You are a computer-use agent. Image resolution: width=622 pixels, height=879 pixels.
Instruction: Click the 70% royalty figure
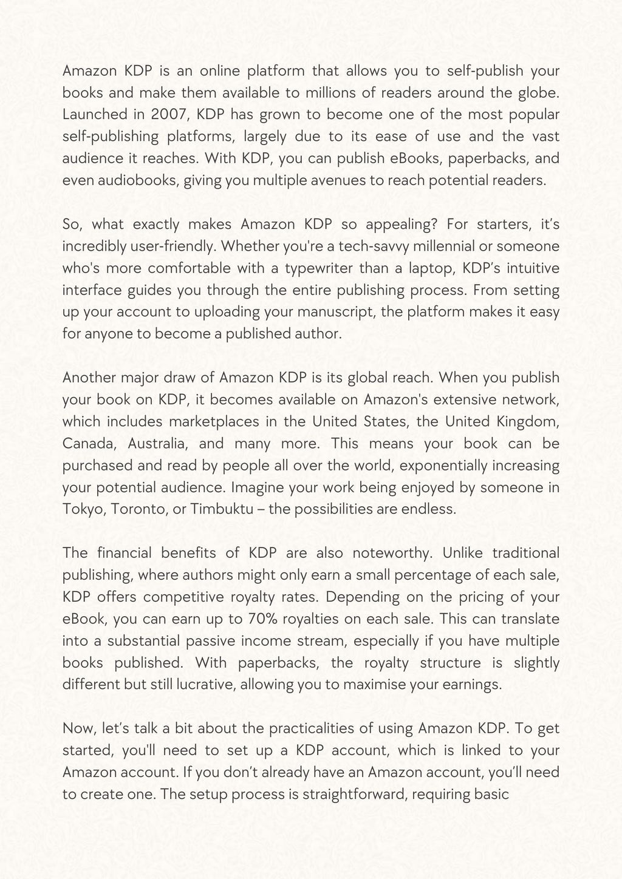[264, 619]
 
